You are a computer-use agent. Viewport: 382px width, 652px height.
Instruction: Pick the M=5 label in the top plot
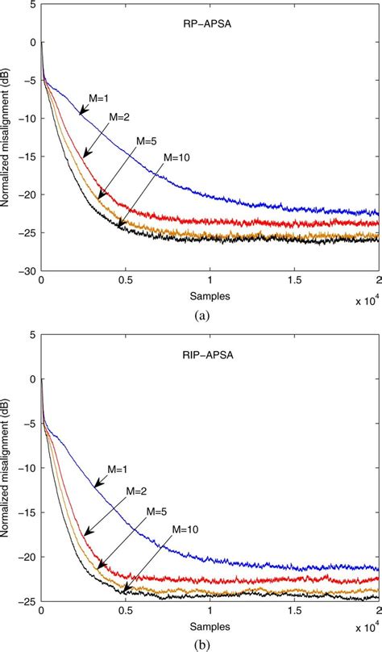click(147, 140)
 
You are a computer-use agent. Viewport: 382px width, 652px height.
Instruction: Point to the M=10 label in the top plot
click(175, 158)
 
